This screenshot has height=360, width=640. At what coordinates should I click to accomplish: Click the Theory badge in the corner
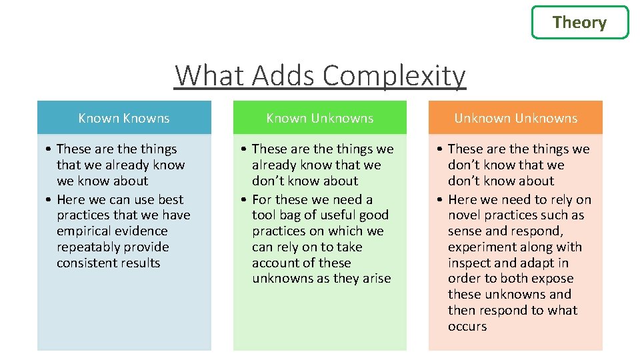579,23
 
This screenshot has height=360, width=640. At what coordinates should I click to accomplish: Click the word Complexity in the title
393,75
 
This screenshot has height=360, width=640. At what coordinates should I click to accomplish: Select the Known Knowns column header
124,118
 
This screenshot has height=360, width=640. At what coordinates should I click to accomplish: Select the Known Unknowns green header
320,118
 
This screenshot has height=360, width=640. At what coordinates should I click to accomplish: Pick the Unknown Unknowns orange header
515,118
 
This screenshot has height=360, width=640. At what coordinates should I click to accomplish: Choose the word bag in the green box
291,215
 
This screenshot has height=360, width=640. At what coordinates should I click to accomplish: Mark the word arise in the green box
375,279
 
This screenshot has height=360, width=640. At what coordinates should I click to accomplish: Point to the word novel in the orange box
465,215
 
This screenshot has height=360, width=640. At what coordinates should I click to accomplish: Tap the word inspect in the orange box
471,263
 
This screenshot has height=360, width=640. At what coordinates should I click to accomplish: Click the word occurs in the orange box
467,327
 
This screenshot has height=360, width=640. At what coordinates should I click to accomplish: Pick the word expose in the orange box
552,279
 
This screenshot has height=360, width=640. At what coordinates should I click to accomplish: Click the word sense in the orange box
464,231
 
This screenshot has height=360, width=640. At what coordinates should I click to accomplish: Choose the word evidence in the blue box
142,231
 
